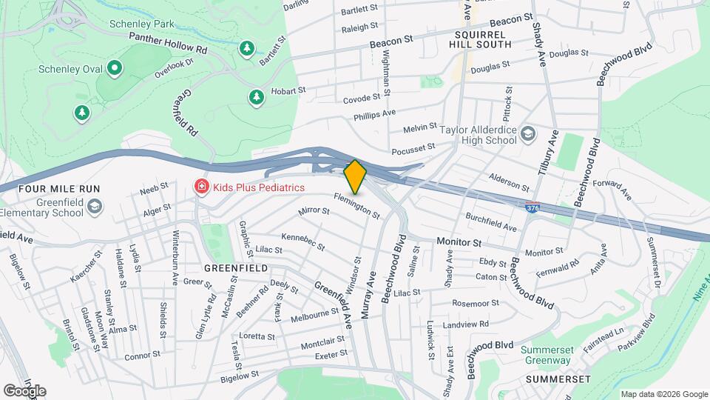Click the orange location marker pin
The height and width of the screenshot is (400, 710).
(355, 177)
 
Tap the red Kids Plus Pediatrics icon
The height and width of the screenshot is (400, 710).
(200, 187)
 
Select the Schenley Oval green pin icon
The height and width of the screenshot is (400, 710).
(114, 70)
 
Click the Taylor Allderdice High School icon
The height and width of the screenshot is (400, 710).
(528, 133)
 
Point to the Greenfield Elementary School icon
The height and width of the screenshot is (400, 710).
(94, 207)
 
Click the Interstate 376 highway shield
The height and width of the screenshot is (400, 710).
(532, 208)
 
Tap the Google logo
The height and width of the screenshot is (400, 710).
(24, 390)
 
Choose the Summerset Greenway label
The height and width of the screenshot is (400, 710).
(546, 355)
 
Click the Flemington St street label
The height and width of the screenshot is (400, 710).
(356, 206)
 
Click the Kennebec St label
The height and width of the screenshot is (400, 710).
(303, 240)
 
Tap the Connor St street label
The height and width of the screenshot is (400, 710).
(143, 355)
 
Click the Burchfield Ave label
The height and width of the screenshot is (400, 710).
(491, 222)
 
